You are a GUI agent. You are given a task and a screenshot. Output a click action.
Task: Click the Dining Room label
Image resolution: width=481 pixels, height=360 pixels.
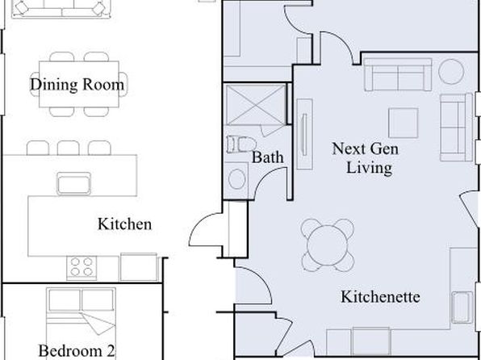point(77,85)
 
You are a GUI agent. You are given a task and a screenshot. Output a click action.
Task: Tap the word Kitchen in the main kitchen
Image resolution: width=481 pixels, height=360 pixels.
point(124,224)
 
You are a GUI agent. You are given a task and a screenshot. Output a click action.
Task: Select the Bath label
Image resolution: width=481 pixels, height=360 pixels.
point(267,157)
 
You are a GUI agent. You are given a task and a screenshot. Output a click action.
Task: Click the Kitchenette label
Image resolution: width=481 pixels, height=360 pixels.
point(380,296)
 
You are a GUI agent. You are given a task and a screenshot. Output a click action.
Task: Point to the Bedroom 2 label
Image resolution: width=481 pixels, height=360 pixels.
point(77,350)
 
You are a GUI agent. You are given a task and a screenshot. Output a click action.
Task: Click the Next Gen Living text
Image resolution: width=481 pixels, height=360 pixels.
point(366,158)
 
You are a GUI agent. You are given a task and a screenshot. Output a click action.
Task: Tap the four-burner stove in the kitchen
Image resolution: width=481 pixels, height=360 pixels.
point(82,268)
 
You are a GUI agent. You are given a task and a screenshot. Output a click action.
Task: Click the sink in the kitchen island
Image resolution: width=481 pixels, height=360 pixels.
point(74,183)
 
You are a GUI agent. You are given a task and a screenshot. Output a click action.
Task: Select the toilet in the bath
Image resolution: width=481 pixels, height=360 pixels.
point(241,144)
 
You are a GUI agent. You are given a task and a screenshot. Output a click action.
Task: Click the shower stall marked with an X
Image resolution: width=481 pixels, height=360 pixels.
point(256,105)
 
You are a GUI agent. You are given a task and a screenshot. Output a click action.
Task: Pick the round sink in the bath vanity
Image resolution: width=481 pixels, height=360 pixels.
point(236,179)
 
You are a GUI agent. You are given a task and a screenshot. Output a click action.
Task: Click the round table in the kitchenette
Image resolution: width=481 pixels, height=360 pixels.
point(328,245)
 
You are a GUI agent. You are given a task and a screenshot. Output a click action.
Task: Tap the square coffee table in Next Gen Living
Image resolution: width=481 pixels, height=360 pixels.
point(403,123)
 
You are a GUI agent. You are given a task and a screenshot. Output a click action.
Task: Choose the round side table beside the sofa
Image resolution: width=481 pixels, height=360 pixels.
point(451,72)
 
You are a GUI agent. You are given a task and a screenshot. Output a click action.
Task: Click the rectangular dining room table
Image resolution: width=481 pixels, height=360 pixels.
point(79,84)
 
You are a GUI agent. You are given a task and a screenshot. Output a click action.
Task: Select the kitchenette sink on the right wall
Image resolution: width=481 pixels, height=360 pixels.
point(462,308)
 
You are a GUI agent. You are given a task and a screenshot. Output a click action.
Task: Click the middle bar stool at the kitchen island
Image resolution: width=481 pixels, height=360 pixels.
point(68,148)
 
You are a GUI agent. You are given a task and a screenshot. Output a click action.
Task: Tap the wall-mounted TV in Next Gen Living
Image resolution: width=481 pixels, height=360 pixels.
point(304,134)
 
